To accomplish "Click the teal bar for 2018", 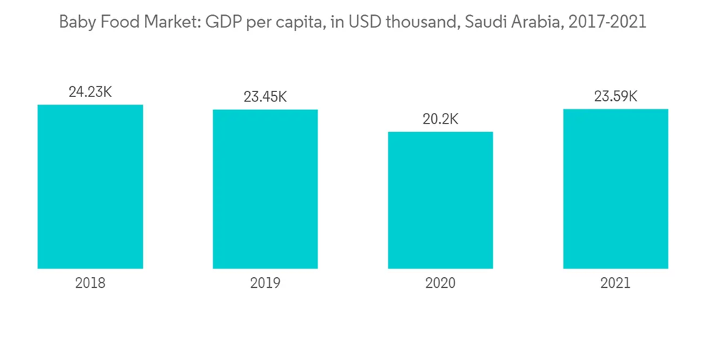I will coord(90,186).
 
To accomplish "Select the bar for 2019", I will coord(265,189).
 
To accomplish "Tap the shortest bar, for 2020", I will coord(441,200).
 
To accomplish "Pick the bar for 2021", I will coord(615,189).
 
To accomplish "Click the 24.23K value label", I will coord(90,92).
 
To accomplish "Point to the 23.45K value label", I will coord(265,97).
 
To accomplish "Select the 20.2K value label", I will coord(441,119).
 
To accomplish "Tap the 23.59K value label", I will coord(615,96).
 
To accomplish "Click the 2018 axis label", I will coord(90,283).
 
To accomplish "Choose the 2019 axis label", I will coord(265,283).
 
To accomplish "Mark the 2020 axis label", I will coord(441,283).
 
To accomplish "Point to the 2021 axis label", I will coord(615,283).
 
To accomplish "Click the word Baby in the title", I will coord(75,22).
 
